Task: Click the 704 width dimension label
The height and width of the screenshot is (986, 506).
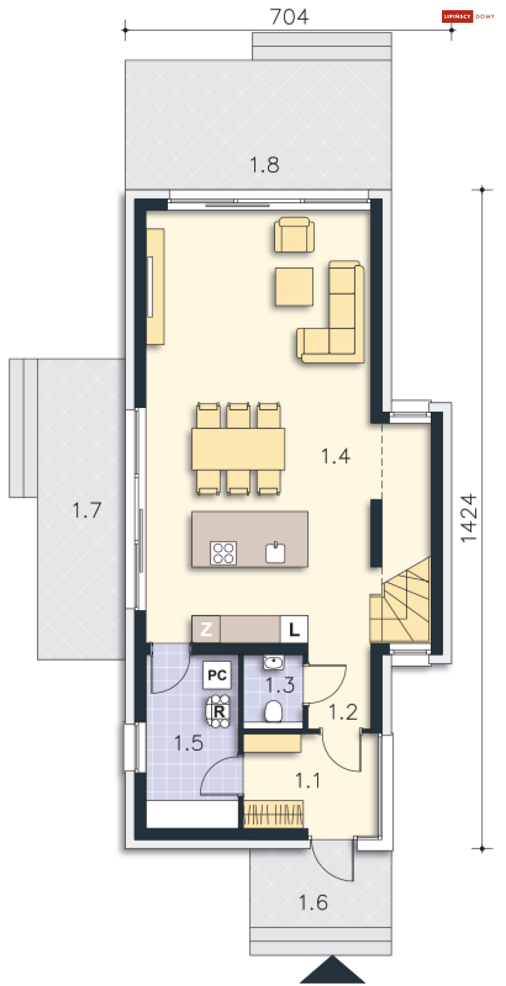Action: click(x=289, y=17)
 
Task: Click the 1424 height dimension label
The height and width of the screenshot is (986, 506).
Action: click(x=468, y=518)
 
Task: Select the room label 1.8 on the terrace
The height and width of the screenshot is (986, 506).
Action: click(x=264, y=165)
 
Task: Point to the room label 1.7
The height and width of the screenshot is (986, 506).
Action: click(x=87, y=511)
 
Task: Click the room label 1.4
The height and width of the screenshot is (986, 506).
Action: click(x=336, y=456)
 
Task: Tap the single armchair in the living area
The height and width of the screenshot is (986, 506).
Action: click(x=294, y=235)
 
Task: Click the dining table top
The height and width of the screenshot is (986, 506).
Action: click(x=238, y=449)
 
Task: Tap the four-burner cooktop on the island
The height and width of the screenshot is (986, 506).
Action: click(x=223, y=553)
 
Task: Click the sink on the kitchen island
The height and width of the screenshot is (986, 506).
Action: click(x=275, y=553)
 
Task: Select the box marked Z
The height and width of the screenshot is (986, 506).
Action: click(x=205, y=629)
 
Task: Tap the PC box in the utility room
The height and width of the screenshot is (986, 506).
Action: click(x=217, y=675)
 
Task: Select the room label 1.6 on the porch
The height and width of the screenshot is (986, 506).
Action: click(x=313, y=903)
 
